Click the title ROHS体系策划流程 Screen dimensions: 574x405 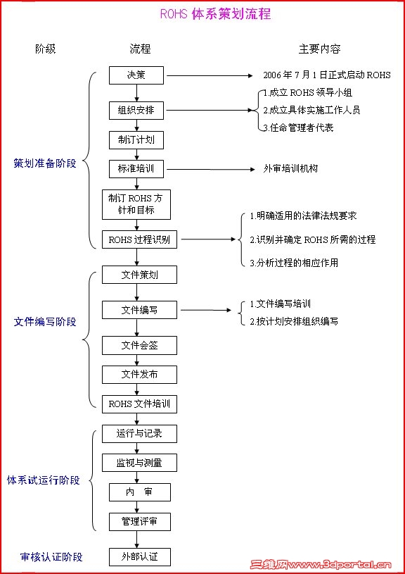coord(215,14)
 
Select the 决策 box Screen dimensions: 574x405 coord(136,75)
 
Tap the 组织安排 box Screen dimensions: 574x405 coord(136,111)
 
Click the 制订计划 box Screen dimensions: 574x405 coord(136,139)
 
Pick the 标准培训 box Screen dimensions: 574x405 coord(136,169)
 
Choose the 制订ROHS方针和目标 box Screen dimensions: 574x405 coord(136,204)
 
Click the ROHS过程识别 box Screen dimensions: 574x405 coord(139,239)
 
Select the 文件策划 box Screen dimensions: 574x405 coord(139,275)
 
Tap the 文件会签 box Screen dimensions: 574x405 coord(139,345)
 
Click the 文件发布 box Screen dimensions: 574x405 coord(139,374)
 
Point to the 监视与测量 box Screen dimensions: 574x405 coord(139,463)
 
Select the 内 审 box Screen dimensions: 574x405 coord(139,492)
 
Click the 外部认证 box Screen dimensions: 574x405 coord(139,557)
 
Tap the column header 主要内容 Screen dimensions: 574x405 coord(319,49)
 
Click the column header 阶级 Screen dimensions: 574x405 coord(45,49)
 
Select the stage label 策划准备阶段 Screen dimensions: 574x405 coord(45,163)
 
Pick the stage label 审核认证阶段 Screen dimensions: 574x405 coord(51,557)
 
